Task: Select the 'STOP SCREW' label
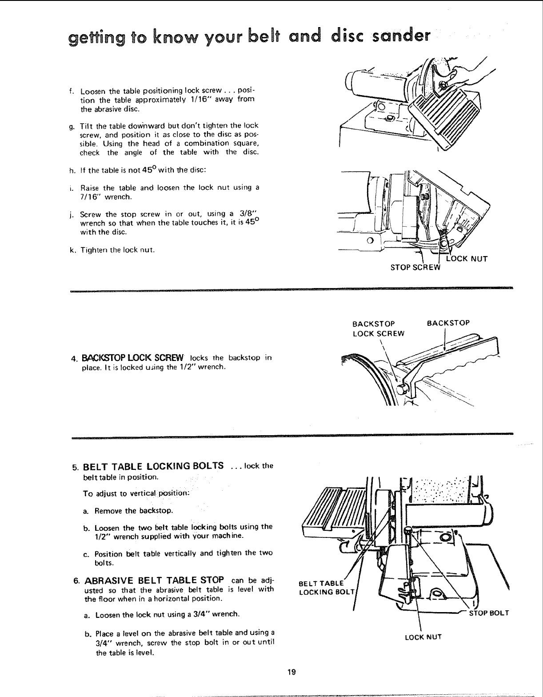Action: point(415,267)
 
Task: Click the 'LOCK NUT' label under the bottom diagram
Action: point(423,637)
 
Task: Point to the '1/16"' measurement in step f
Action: point(207,99)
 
